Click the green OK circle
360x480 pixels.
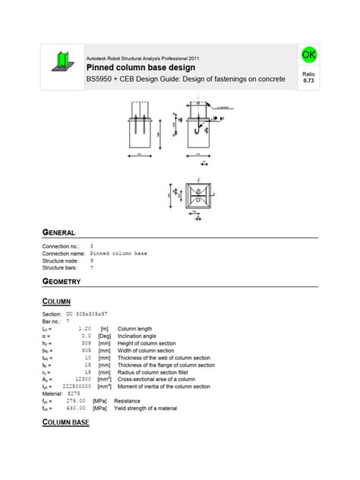(x=309, y=55)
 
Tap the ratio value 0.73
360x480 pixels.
(x=309, y=80)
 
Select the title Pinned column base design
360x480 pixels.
(x=141, y=68)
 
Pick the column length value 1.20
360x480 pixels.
(x=85, y=328)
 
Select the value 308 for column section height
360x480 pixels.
(x=87, y=343)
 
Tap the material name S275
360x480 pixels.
(x=74, y=393)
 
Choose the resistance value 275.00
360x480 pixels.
(x=76, y=400)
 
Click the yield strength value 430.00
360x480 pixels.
(x=76, y=408)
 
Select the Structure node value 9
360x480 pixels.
(x=92, y=261)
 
